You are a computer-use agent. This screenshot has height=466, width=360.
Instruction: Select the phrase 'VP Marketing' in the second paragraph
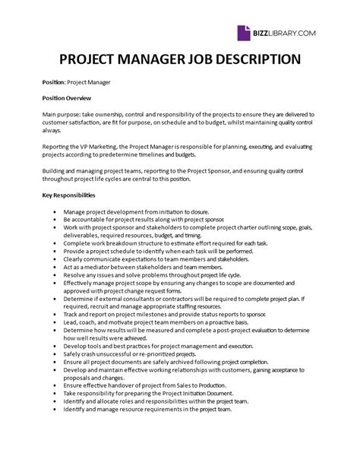97,147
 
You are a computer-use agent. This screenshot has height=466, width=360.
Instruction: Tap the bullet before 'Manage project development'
56,211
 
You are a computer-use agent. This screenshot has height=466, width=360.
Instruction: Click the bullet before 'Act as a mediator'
56,267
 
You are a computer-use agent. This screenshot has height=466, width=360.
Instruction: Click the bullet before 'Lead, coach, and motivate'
56,322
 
